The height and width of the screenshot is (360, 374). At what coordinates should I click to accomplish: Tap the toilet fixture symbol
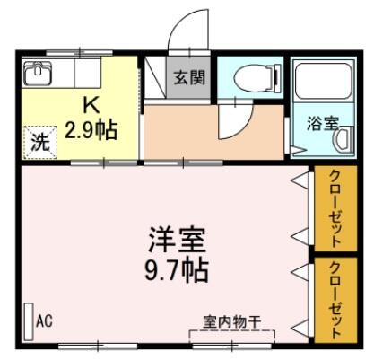point(257,78)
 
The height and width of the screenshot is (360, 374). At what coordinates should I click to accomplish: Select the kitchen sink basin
point(38,74)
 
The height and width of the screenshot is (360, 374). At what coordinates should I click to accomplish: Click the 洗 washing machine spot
point(40,143)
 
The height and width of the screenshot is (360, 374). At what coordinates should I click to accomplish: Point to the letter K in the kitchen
point(91,106)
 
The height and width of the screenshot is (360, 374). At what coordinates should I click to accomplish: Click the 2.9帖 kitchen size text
point(91,130)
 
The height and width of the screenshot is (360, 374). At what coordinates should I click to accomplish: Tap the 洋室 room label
point(178,240)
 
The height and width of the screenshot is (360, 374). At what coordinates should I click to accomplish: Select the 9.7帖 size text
point(177,270)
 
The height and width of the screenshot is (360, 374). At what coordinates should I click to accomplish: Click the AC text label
point(44,320)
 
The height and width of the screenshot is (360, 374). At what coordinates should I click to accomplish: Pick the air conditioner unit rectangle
point(29,321)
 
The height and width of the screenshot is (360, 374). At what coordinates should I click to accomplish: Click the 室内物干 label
point(232,322)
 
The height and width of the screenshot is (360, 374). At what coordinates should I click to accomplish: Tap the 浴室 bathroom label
point(323,124)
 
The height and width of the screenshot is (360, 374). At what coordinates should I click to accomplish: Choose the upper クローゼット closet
point(335,208)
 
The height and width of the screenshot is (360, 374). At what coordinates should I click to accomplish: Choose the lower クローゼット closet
point(335,300)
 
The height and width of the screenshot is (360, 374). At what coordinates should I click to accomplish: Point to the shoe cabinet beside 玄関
point(155,77)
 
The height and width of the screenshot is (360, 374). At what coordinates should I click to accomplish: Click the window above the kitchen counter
point(80,53)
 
